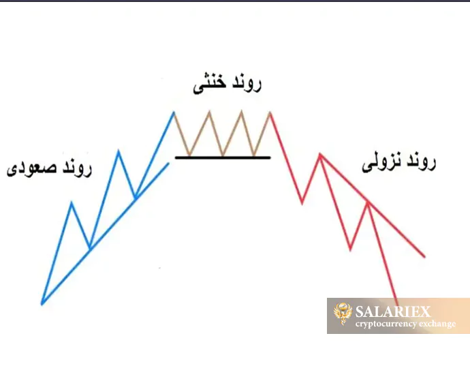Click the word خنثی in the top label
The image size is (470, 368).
[205, 85]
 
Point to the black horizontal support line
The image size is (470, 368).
[223, 157]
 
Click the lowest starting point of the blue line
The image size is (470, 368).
[42, 303]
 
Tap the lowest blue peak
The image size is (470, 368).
[72, 202]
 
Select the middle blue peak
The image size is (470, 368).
[119, 151]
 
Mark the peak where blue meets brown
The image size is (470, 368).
[174, 111]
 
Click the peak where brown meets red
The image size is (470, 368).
[270, 111]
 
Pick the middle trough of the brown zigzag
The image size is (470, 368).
[222, 155]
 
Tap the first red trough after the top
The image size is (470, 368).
[302, 202]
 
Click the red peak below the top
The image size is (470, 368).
[319, 155]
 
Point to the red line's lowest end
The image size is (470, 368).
[398, 298]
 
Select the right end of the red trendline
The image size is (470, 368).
[424, 257]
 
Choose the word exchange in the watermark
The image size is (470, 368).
[435, 324]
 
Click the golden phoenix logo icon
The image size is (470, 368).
[342, 315]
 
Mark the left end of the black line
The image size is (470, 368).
[176, 157]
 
